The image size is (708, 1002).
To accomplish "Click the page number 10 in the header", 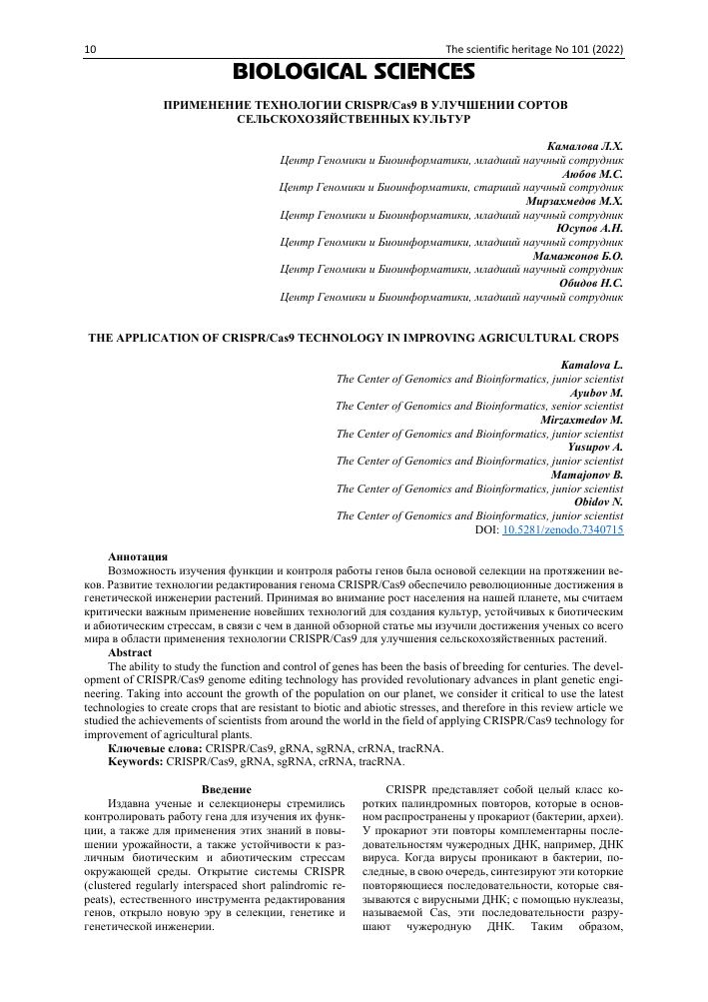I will tap(90, 49).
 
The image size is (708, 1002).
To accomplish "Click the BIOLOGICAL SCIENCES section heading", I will tap(354, 72).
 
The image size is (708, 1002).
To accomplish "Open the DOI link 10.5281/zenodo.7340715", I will tap(563, 529).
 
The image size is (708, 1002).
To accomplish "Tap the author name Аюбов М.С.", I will tap(592, 173).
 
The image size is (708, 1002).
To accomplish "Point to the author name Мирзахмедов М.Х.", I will tap(574, 201).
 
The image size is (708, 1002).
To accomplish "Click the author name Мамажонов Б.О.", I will tap(579, 256).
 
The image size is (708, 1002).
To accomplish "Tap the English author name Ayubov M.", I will tap(596, 394).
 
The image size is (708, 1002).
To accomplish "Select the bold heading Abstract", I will tap(129, 650).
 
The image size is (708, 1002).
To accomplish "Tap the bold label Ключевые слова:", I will tap(155, 747).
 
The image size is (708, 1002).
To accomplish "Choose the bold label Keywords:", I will tap(136, 760).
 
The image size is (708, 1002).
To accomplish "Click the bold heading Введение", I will tap(227, 790).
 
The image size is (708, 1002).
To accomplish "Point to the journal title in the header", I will tap(533, 49).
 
